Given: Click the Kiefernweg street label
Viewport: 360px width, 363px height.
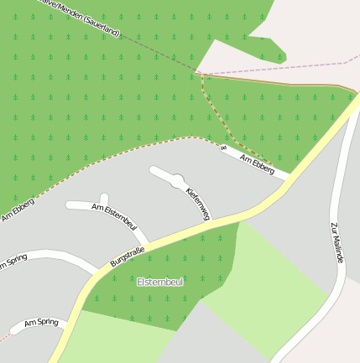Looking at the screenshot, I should coord(196,203).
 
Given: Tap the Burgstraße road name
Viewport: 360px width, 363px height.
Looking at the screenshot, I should coord(128,256).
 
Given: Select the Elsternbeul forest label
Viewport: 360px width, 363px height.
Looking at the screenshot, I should coord(159,283).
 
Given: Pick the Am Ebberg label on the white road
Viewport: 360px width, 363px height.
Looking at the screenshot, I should coord(257,163).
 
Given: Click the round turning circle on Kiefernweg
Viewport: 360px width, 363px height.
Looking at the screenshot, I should coord(178,180).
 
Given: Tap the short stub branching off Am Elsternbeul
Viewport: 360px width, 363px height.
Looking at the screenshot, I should coord(105,200).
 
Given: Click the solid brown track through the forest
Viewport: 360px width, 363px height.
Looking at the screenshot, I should coord(277,81).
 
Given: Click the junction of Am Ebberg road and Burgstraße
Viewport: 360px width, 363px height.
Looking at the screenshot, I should coord(289,178).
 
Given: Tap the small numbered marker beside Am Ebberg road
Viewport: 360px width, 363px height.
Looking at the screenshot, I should coord(223,149).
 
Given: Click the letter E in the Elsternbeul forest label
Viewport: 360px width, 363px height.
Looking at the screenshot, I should coord(139,283).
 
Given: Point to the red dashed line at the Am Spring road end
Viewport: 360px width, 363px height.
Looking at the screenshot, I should coord(5,336).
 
